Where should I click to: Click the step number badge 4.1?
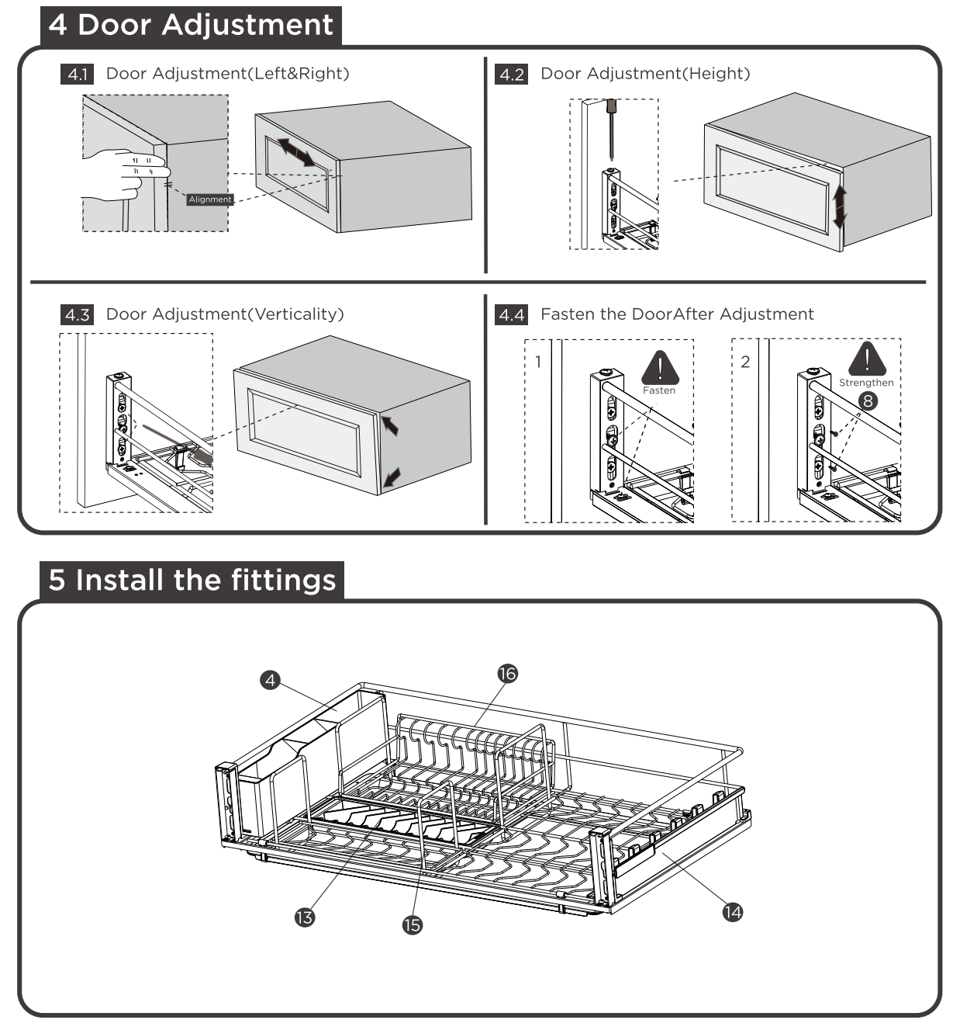77,75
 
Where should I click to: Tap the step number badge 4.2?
511,75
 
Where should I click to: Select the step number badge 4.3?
77,315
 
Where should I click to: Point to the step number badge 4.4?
511,315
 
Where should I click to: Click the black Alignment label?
210,199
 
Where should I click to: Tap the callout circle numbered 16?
507,673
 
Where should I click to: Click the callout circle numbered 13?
305,917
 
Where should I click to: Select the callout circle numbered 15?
413,924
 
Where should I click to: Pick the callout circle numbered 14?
732,912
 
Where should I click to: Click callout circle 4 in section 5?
270,680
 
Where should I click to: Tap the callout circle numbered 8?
868,401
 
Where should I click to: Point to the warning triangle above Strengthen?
867,359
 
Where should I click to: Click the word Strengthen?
866,383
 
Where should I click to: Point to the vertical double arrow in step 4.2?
839,207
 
